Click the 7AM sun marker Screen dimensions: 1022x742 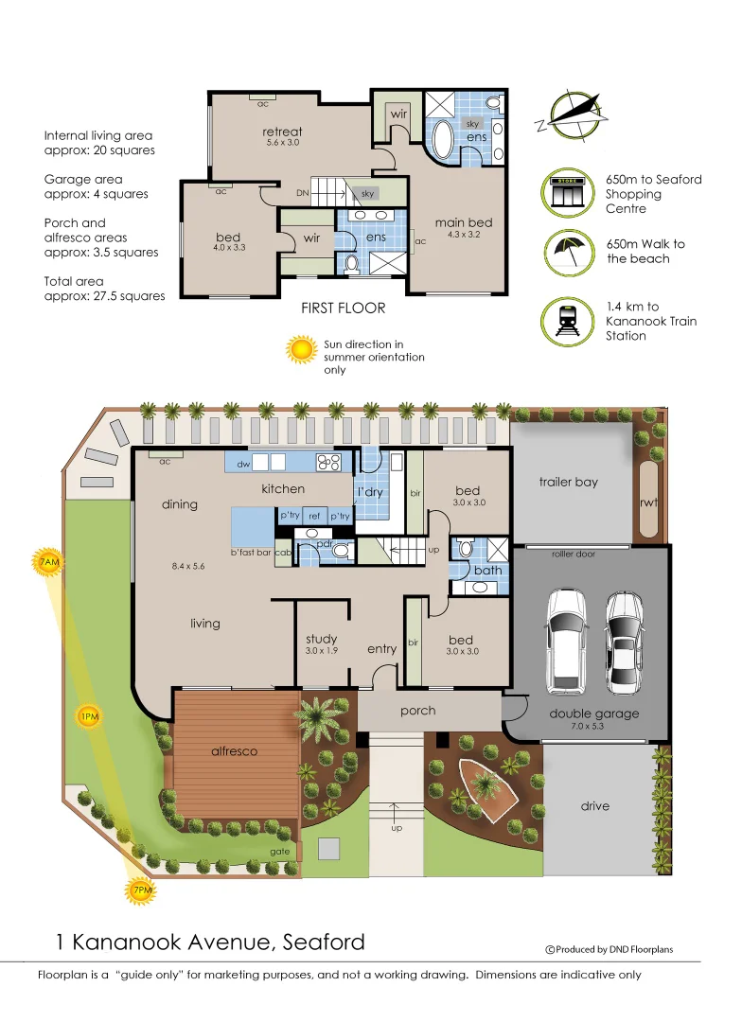(x=48, y=563)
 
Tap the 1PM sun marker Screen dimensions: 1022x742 (x=88, y=717)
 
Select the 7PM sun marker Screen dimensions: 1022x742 (x=140, y=890)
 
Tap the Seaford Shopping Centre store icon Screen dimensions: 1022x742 (x=568, y=193)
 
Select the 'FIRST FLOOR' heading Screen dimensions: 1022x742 (x=343, y=308)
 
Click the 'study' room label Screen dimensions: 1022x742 (x=322, y=640)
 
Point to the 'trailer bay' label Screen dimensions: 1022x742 (x=569, y=482)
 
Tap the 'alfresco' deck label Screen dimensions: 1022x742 (x=234, y=750)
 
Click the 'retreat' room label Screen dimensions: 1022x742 (x=282, y=132)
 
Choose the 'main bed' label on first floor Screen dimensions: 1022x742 (x=464, y=222)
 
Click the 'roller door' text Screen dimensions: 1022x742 (x=574, y=554)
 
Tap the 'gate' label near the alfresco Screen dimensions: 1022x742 (x=279, y=852)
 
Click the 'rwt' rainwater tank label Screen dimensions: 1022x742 (x=648, y=502)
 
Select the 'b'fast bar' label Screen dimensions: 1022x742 (x=251, y=552)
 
